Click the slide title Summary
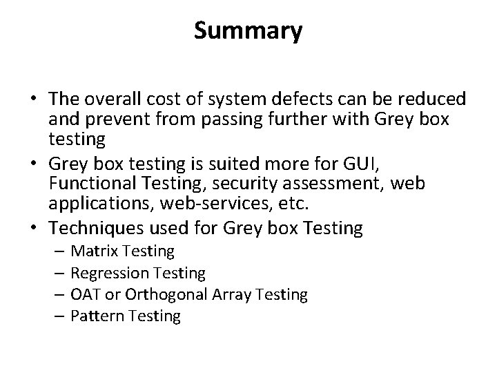248,30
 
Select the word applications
97,204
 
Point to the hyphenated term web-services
229,204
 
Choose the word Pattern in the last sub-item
96,316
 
